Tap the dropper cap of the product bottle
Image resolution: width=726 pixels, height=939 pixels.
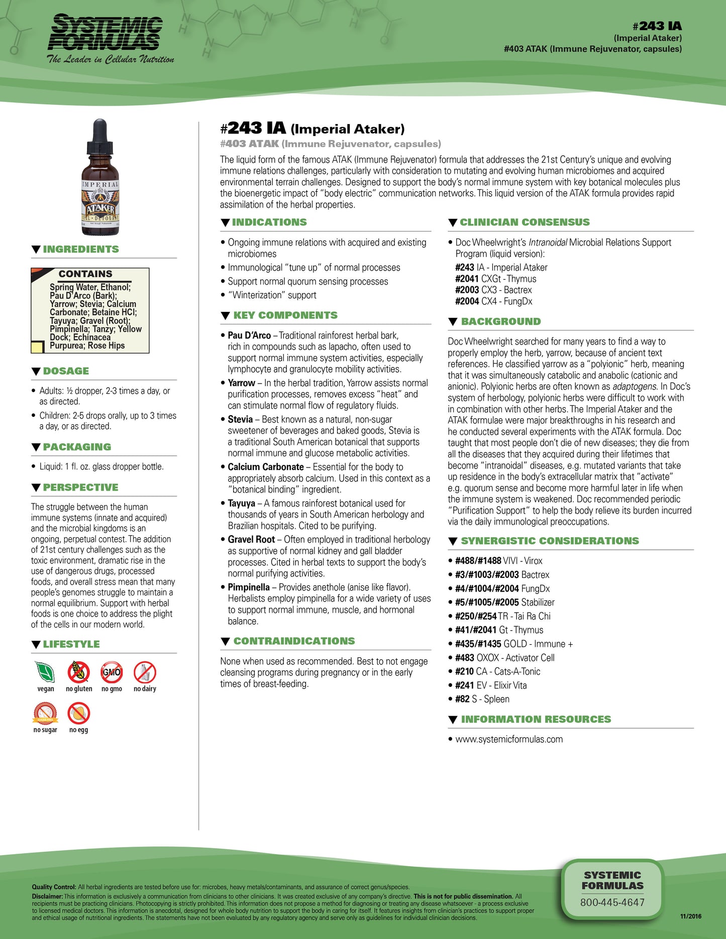click(100, 136)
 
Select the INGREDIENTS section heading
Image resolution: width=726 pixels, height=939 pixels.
click(81, 250)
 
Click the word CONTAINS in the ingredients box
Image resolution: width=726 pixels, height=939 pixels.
click(85, 274)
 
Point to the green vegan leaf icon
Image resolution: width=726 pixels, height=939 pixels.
click(45, 672)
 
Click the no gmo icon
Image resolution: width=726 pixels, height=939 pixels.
click(112, 672)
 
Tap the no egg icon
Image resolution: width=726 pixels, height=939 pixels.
click(79, 713)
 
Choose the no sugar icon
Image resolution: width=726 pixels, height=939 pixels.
click(45, 713)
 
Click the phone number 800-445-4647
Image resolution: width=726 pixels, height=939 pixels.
click(612, 902)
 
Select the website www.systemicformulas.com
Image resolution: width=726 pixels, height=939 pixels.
click(509, 739)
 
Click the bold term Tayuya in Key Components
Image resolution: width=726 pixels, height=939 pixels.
click(241, 503)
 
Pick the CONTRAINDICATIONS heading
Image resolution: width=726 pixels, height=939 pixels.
click(294, 641)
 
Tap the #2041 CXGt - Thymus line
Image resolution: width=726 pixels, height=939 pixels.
click(495, 279)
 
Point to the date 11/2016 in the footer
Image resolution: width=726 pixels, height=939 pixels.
click(690, 916)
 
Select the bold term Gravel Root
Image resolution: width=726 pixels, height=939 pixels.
click(251, 539)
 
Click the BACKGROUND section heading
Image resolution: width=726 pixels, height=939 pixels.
click(500, 321)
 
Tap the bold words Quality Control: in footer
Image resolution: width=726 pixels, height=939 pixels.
click(54, 887)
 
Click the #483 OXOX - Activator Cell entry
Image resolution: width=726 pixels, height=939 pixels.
click(504, 658)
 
